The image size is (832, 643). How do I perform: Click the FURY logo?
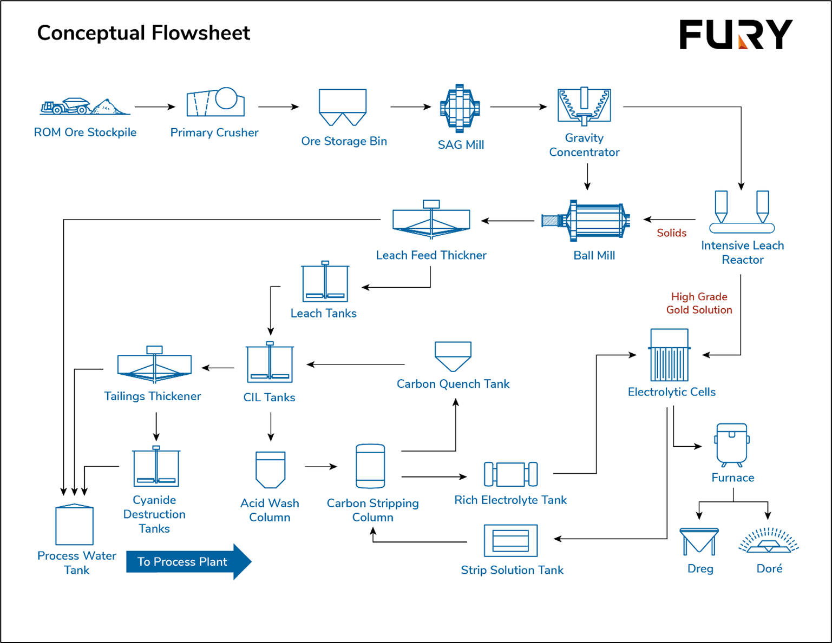click(736, 35)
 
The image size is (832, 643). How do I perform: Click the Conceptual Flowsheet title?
click(143, 33)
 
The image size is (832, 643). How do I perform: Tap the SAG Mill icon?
click(460, 108)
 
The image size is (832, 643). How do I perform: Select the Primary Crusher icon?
click(215, 102)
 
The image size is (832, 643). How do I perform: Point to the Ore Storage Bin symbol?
click(343, 107)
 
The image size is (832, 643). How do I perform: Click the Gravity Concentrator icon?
click(584, 106)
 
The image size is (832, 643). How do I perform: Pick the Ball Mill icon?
click(586, 221)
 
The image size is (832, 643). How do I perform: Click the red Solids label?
click(671, 233)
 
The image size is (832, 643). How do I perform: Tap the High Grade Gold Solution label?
click(699, 303)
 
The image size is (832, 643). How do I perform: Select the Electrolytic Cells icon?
click(670, 355)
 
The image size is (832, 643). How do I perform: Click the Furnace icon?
click(732, 445)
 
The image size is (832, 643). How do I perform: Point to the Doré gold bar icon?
click(769, 541)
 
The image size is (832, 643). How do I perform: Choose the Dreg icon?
click(699, 541)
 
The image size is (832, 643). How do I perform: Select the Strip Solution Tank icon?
click(510, 540)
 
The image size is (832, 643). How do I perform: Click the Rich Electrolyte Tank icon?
click(510, 474)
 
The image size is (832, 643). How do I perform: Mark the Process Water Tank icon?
click(75, 525)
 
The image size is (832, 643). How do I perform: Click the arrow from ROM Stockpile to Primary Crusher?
click(155, 107)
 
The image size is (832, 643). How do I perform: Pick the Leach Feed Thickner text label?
click(431, 255)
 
